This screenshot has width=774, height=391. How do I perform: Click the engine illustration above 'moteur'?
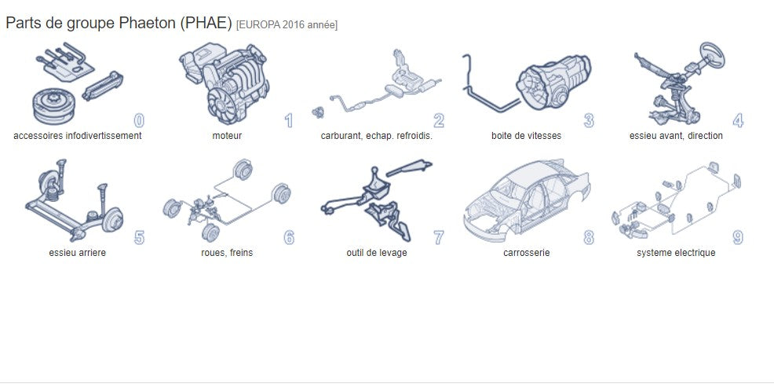[225, 82]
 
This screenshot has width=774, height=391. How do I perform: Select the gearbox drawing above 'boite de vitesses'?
[554, 82]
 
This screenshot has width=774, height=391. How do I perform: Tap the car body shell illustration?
[527, 200]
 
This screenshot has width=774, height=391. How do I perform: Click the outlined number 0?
[139, 120]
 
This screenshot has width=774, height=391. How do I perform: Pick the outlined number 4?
[738, 120]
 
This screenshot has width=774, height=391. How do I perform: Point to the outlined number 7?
[438, 237]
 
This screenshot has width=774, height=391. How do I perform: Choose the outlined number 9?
[738, 237]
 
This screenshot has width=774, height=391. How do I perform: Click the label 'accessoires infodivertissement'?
[78, 136]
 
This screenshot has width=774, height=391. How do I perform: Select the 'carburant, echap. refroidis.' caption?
[377, 136]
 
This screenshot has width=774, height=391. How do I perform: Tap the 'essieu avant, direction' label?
[676, 136]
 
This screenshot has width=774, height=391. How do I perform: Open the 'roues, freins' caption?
[227, 253]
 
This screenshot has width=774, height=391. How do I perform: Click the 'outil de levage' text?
[377, 253]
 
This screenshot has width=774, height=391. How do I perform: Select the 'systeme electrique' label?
[676, 253]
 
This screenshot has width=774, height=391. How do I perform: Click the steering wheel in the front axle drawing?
[712, 54]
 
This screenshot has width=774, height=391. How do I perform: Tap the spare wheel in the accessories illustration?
[54, 106]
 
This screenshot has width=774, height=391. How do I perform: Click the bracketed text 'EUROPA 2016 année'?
[287, 24]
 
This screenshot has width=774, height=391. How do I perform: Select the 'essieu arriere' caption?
[78, 253]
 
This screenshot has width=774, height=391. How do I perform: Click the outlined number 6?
[289, 237]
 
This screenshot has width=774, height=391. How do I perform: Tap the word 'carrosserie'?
[526, 253]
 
